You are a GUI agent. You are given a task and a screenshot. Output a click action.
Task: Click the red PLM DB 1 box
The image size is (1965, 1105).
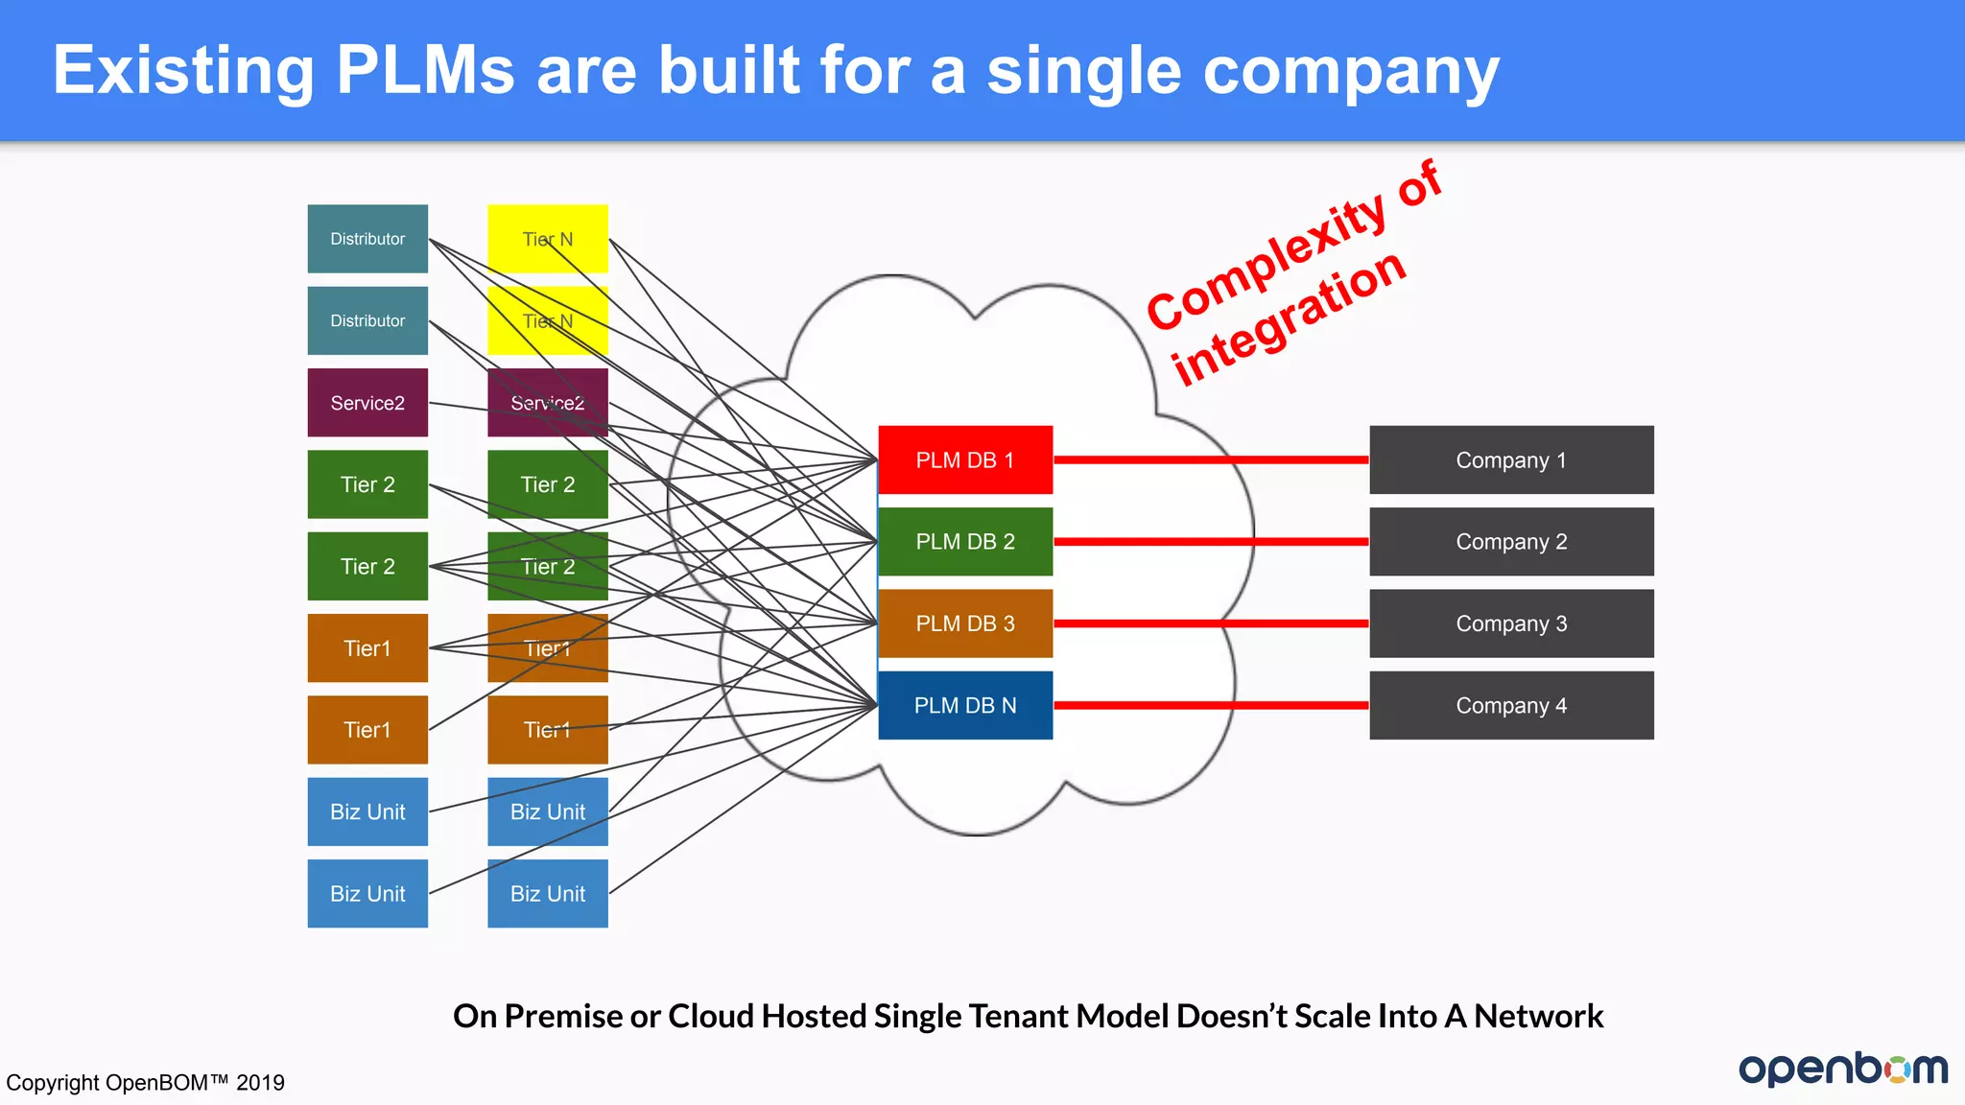tap(965, 459)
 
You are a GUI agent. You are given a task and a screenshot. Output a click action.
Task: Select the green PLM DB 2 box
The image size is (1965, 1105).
tap(965, 541)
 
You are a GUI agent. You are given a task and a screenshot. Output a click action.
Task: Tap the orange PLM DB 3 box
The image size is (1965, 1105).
tap(965, 623)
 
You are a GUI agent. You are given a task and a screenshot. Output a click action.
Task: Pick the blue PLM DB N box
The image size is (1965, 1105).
tap(965, 705)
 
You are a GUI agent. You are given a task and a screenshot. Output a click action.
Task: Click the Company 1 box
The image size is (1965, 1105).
tap(1511, 459)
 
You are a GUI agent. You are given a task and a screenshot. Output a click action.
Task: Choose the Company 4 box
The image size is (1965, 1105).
tap(1511, 705)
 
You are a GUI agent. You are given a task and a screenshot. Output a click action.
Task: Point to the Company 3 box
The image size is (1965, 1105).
tap(1511, 623)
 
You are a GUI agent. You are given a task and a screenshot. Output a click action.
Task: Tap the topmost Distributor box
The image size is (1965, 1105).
tap(367, 239)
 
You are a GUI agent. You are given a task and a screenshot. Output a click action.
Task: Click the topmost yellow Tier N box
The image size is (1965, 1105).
tap(548, 239)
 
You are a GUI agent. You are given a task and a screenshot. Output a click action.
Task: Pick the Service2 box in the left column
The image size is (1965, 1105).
tap(367, 403)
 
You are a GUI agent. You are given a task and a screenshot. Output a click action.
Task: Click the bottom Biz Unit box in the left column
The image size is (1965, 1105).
tap(367, 893)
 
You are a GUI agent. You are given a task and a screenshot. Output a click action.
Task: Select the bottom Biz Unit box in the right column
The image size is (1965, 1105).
tap(548, 893)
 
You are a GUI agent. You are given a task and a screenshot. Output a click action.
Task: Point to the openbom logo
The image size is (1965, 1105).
tap(1842, 1069)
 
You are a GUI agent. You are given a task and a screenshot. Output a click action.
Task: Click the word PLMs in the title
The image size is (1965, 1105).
tap(425, 70)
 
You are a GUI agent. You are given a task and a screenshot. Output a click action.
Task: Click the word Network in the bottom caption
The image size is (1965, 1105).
tap(1538, 1016)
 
